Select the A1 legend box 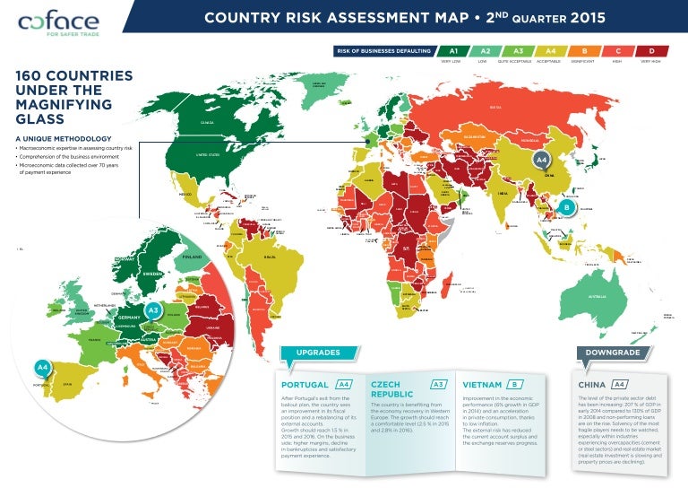[453, 51]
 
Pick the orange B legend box [584, 51]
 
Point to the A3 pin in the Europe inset [153, 309]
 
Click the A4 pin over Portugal [41, 366]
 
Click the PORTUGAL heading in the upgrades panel [305, 385]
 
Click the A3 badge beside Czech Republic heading [439, 385]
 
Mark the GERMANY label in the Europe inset [131, 318]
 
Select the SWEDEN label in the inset [153, 272]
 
